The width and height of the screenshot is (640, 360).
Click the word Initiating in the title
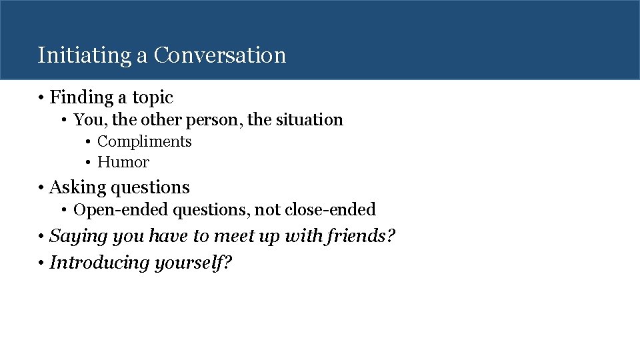(85, 55)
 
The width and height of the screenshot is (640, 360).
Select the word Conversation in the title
(219, 55)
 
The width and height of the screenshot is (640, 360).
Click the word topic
(153, 97)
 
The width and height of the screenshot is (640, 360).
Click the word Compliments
(144, 141)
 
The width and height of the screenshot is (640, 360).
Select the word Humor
(123, 162)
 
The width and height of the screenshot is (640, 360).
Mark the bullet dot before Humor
(88, 162)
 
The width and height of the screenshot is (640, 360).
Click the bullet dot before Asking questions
(41, 188)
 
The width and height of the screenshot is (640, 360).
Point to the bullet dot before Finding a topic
(41, 98)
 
